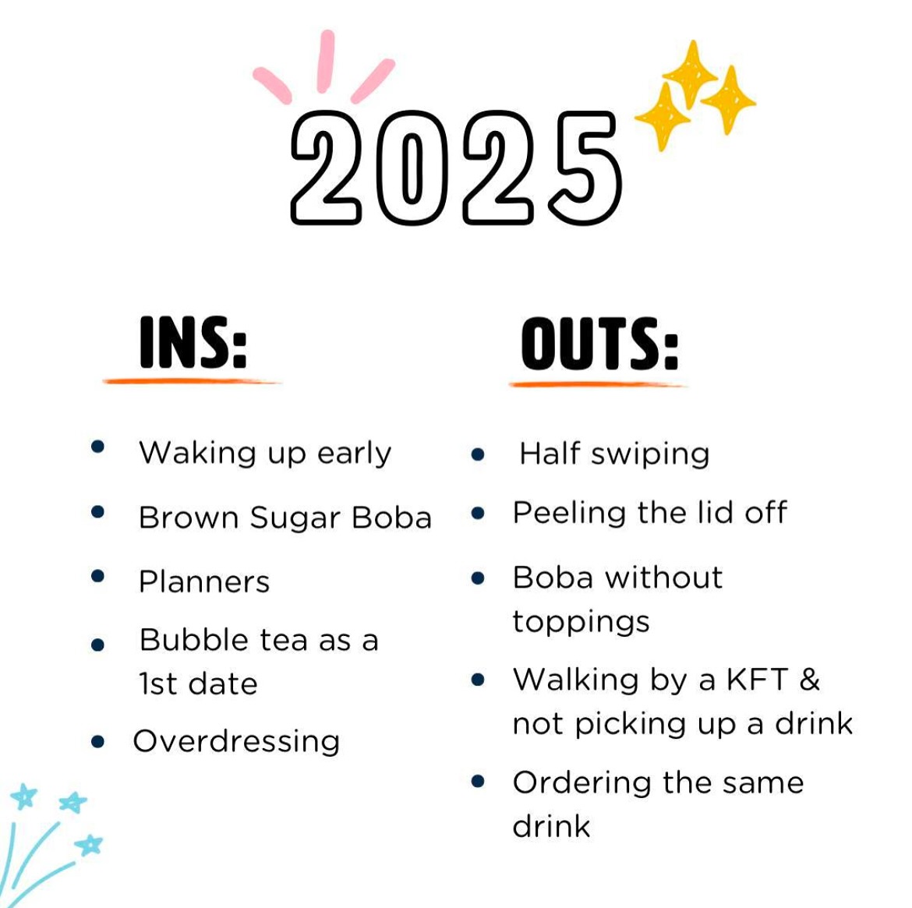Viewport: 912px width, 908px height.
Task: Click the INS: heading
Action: [193, 343]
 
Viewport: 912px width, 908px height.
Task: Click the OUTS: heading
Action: [599, 344]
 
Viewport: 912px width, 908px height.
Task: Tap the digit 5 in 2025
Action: [584, 168]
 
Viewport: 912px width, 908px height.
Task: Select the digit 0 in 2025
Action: [412, 168]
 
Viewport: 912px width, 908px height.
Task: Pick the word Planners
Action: [204, 581]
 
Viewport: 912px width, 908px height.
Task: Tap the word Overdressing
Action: [236, 742]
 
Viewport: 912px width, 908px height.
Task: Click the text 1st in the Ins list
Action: [157, 684]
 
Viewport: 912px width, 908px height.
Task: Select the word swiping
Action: [650, 454]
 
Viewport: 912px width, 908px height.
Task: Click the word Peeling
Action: [569, 514]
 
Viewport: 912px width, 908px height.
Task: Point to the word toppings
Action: [581, 623]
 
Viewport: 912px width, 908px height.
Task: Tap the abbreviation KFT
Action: [758, 680]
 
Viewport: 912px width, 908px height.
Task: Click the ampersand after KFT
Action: [810, 680]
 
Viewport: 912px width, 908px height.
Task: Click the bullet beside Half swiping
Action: [478, 454]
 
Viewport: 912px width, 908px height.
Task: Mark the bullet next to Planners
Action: [97, 576]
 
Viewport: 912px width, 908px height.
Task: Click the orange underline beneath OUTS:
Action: [598, 384]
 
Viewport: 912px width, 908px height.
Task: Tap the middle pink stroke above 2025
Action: [326, 61]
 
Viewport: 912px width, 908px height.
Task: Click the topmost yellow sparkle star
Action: [691, 74]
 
